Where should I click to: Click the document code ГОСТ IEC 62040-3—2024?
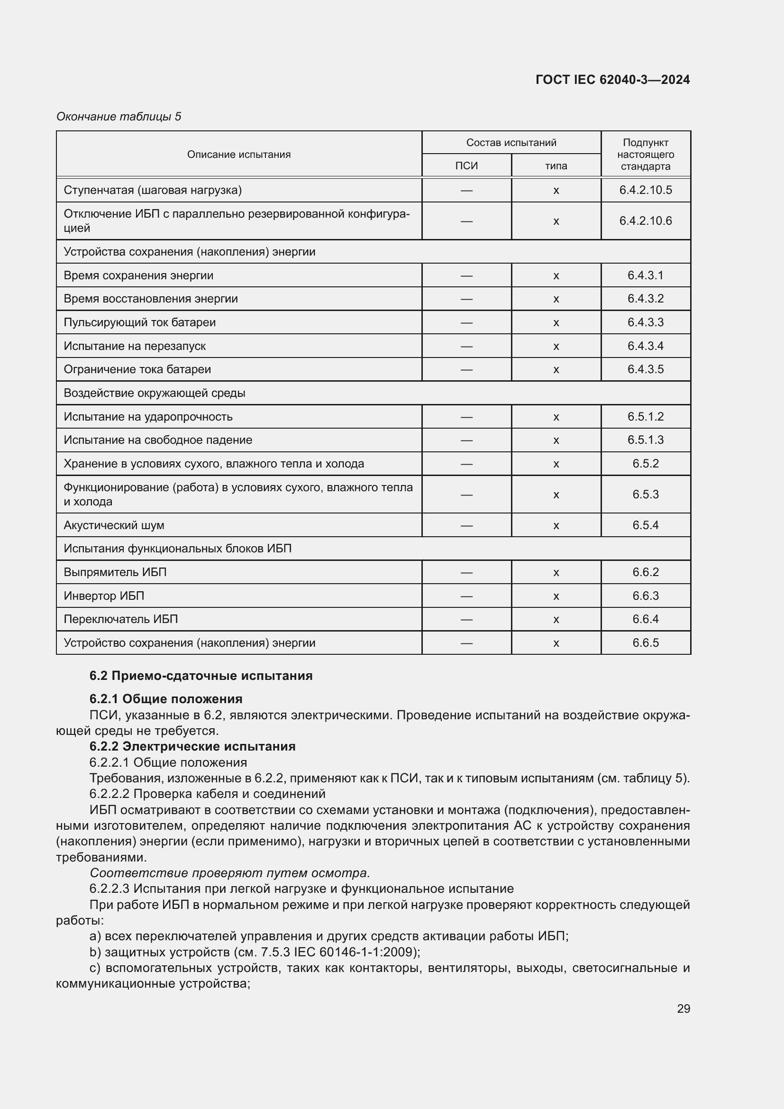(612, 80)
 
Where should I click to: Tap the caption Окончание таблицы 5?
(119, 117)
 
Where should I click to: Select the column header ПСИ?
(466, 165)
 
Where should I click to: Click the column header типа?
(556, 165)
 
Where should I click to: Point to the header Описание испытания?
(238, 155)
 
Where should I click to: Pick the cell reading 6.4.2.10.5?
(645, 190)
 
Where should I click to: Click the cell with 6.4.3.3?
(645, 322)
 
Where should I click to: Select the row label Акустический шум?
(114, 525)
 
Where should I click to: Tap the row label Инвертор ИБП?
(104, 596)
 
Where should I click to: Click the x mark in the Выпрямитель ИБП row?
(556, 572)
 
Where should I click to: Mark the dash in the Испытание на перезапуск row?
(466, 346)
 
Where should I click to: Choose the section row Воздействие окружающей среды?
(155, 393)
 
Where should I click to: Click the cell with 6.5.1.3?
(645, 440)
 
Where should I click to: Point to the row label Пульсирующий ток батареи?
(139, 322)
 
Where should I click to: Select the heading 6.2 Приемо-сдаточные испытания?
(201, 676)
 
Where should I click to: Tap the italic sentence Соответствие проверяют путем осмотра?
(230, 873)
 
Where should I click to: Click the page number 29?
(683, 1008)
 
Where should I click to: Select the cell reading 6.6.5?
(645, 643)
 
